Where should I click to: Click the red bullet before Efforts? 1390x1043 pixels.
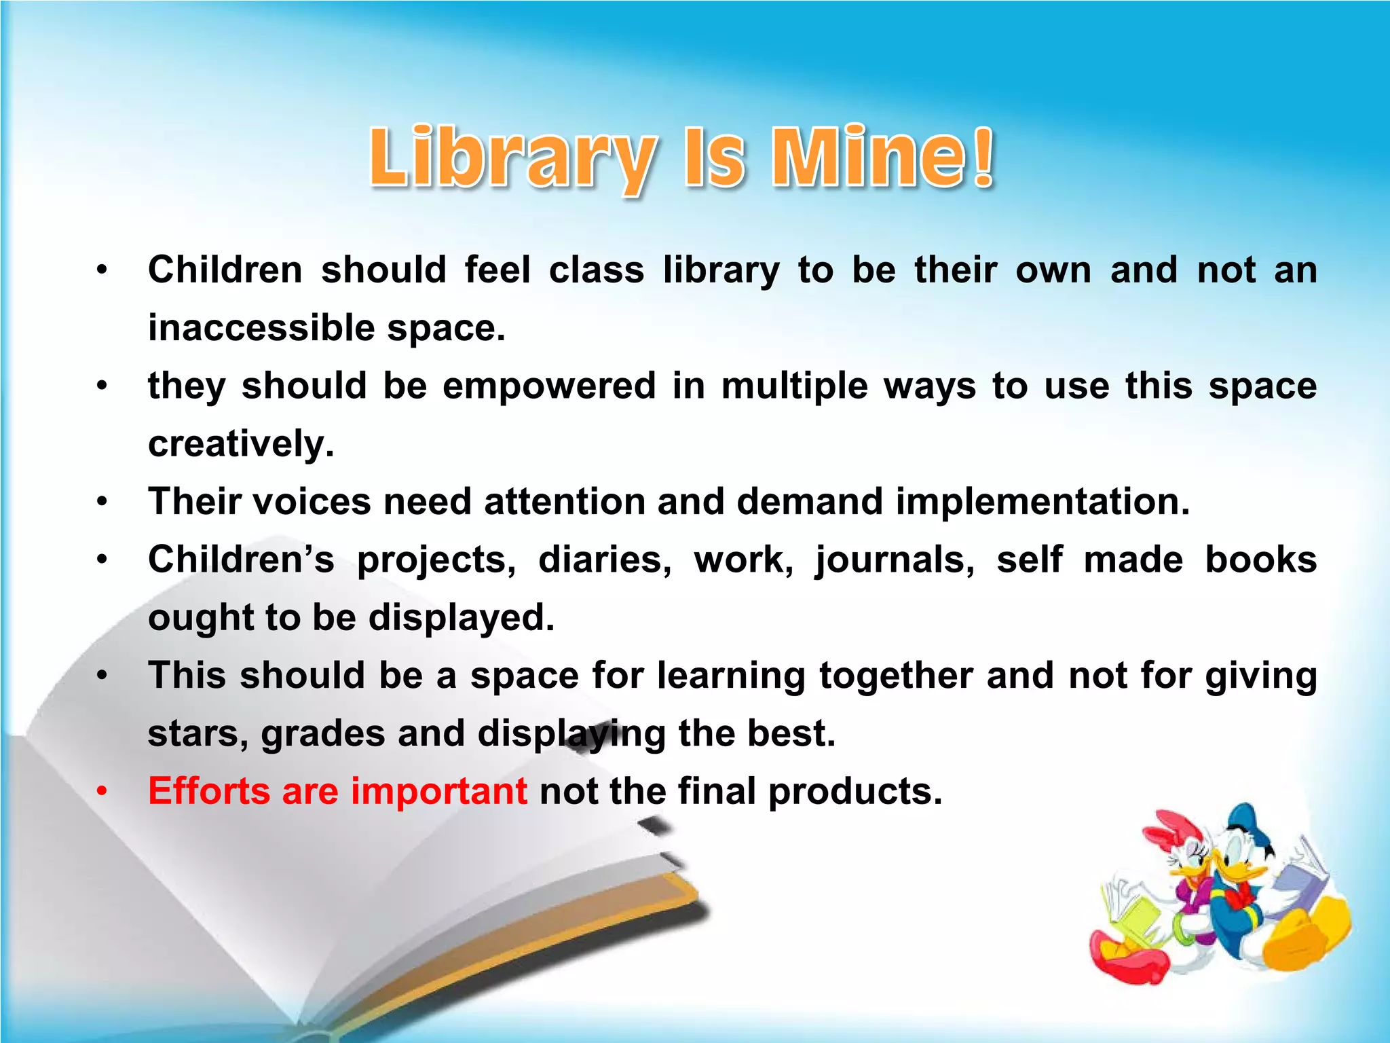pyautogui.click(x=102, y=792)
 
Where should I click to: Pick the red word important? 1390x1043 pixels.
pyautogui.click(x=438, y=792)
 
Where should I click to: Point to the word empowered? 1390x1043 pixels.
pyautogui.click(x=549, y=386)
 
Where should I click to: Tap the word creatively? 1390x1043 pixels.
pyautogui.click(x=241, y=445)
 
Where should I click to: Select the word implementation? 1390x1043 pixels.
pyautogui.click(x=1042, y=502)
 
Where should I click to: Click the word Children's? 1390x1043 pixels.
pyautogui.click(x=241, y=560)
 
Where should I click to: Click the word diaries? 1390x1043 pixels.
pyautogui.click(x=605, y=560)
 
